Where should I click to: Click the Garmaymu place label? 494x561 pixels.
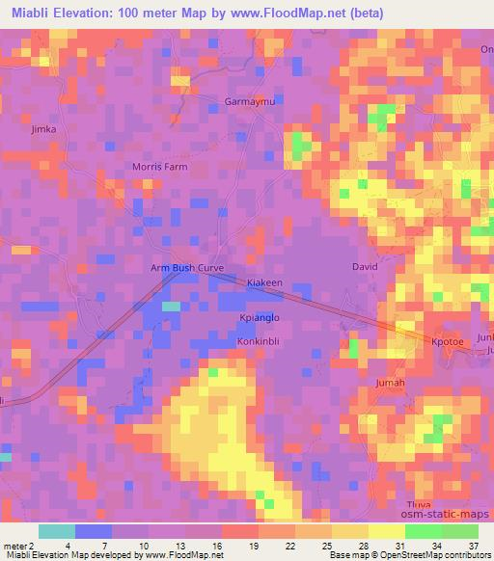(x=249, y=101)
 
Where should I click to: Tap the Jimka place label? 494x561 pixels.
(x=44, y=128)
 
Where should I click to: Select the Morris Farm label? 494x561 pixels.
(x=159, y=167)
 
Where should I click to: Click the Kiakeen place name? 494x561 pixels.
(x=264, y=282)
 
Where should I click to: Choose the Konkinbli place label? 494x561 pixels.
(x=259, y=341)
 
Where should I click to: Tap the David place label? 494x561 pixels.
(x=365, y=266)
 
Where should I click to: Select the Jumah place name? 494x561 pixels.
(x=389, y=383)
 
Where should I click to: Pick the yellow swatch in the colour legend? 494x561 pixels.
(x=386, y=531)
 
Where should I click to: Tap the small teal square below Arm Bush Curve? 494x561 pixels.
(x=171, y=306)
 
